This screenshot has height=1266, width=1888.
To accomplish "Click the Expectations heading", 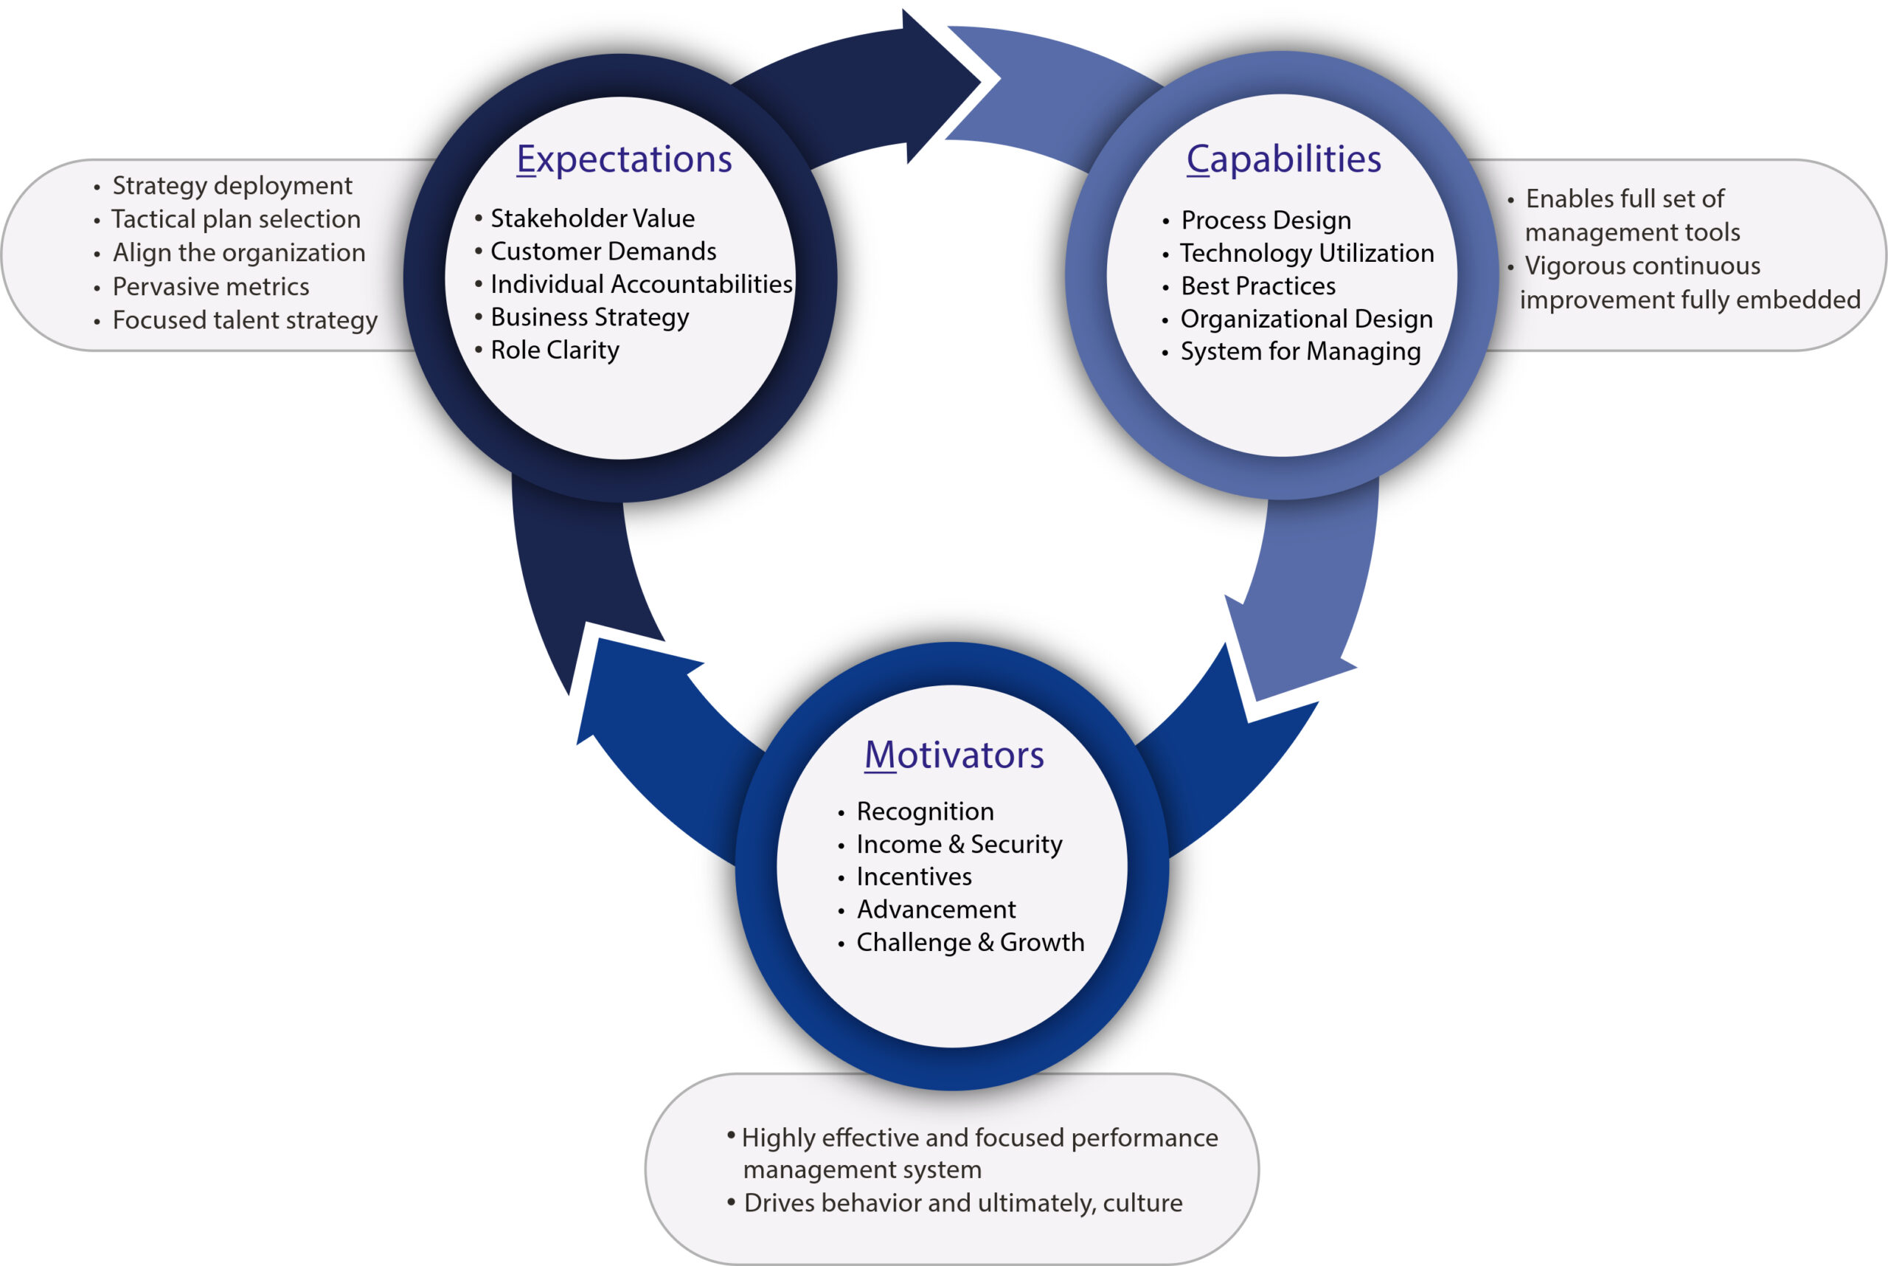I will pyautogui.click(x=624, y=159).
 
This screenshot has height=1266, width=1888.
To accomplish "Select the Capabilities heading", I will pyautogui.click(x=1283, y=159).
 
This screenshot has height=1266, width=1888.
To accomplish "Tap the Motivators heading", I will pyautogui.click(x=954, y=755).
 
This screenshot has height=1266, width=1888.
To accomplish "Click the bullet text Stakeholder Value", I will pyautogui.click(x=591, y=219).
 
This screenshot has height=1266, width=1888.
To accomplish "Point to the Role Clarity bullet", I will pyautogui.click(x=555, y=350).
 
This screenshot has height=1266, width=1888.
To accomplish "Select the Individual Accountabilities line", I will pyautogui.click(x=641, y=284).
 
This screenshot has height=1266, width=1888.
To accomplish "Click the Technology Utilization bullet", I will pyautogui.click(x=1306, y=254).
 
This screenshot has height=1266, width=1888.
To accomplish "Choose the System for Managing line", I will pyautogui.click(x=1299, y=352).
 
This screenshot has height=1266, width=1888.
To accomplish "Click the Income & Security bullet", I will pyautogui.click(x=959, y=845).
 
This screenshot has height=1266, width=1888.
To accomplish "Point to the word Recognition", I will pyautogui.click(x=925, y=812).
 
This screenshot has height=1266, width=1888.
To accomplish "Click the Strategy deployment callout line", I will pyautogui.click(x=232, y=186).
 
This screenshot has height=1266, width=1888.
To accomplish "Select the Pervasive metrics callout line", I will pyautogui.click(x=211, y=287).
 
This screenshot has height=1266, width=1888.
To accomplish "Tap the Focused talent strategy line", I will pyautogui.click(x=245, y=320).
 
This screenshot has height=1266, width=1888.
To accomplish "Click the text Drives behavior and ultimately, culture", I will pyautogui.click(x=962, y=1203).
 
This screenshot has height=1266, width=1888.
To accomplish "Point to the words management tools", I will pyautogui.click(x=1632, y=232).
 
